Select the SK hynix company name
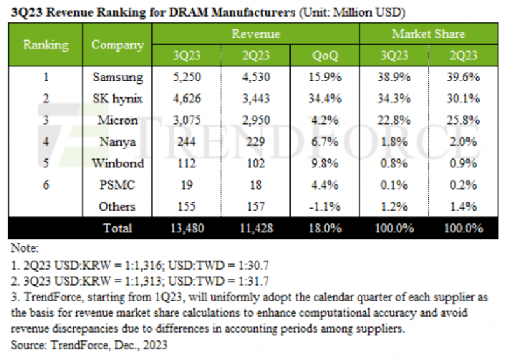pyautogui.click(x=117, y=99)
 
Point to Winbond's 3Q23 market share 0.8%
pyautogui.click(x=394, y=163)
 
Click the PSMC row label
pyautogui.click(x=117, y=184)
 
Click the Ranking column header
pyautogui.click(x=46, y=45)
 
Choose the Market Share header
pyautogui.click(x=428, y=34)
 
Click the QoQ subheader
pyautogui.click(x=327, y=56)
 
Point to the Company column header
pyautogui.click(x=117, y=45)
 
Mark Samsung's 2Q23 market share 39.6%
pyautogui.click(x=462, y=78)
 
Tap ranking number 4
pyautogui.click(x=46, y=142)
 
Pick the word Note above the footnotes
pyautogui.click(x=25, y=247)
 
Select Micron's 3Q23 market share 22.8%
pyautogui.click(x=394, y=120)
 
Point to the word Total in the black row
pyautogui.click(x=117, y=228)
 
